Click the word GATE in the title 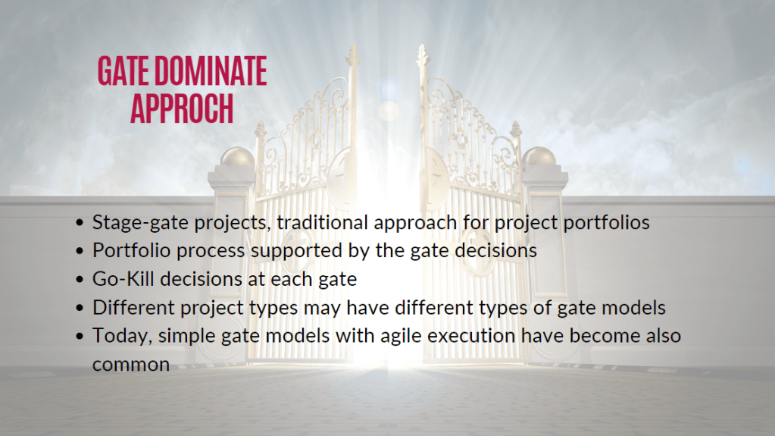tap(123, 71)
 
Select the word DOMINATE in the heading tap(211, 71)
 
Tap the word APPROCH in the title tap(182, 108)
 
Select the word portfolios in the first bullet tap(607, 223)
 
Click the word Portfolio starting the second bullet tap(132, 250)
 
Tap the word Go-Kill tap(123, 279)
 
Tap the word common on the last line tap(131, 365)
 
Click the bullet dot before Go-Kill tap(80, 280)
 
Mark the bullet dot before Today tap(80, 337)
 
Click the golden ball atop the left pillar tap(237, 158)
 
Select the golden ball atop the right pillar tap(539, 158)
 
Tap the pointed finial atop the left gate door tap(352, 55)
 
